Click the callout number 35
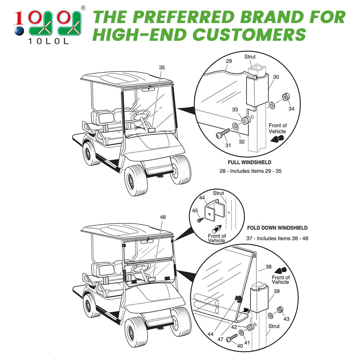(x=162, y=67)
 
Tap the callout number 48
(x=163, y=217)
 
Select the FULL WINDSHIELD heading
(x=249, y=162)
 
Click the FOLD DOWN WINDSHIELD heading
(x=277, y=228)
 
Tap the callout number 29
(x=229, y=61)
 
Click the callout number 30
(x=276, y=77)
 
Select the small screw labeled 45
(x=200, y=220)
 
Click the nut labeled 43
(x=280, y=310)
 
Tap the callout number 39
(x=277, y=291)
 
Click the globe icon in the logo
(x=19, y=31)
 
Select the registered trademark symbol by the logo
(x=83, y=8)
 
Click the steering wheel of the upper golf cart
(x=141, y=115)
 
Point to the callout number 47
(x=220, y=339)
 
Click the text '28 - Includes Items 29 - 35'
(x=250, y=171)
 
